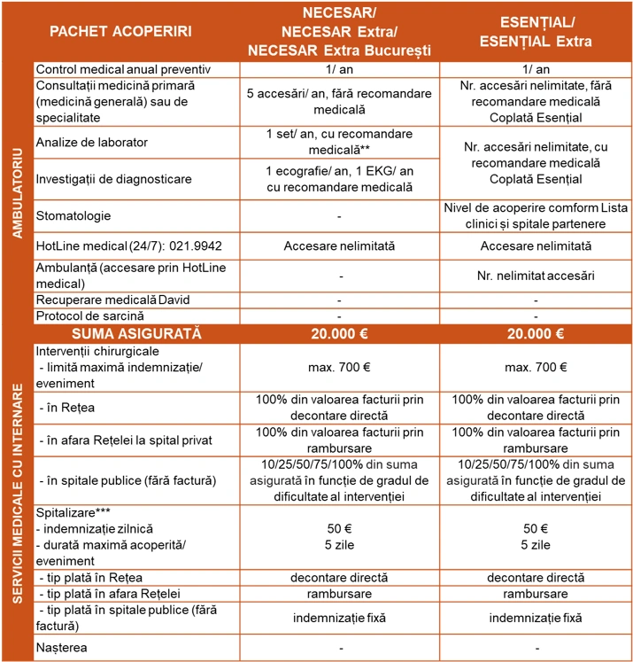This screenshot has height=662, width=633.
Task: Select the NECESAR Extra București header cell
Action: pos(339,49)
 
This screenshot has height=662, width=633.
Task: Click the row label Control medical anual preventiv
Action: pos(124,69)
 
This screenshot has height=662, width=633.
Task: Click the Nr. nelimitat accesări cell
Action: pos(536,276)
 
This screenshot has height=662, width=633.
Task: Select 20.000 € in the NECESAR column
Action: pos(339,333)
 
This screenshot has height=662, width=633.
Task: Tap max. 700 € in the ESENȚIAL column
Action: pos(536,367)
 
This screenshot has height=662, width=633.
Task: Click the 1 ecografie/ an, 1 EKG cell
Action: pos(339,178)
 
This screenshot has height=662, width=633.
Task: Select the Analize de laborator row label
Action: pos(92,142)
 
